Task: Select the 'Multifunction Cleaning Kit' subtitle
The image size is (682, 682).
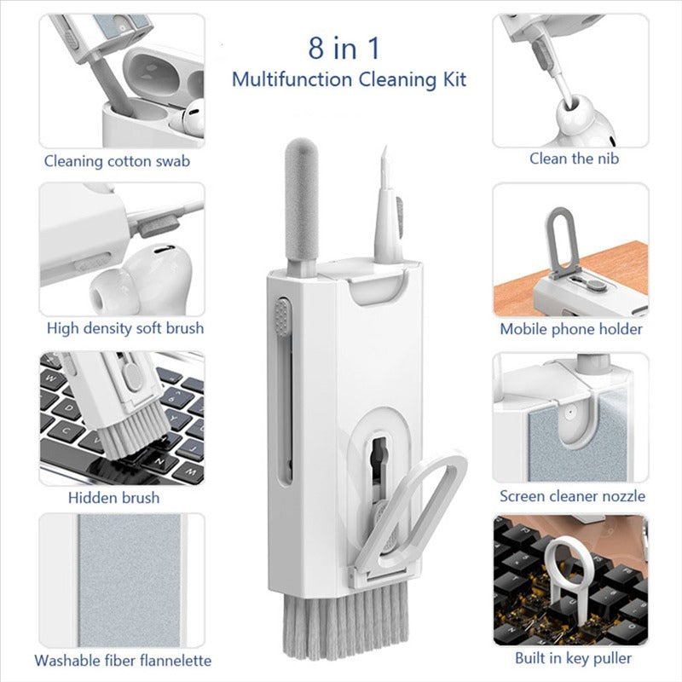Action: point(350,80)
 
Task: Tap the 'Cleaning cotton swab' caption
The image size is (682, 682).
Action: point(117,160)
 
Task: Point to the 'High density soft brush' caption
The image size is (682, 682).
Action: point(125,328)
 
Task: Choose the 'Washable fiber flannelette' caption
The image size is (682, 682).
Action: point(123,660)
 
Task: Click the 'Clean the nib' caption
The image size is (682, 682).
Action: point(573,158)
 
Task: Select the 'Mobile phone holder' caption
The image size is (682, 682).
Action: point(571,329)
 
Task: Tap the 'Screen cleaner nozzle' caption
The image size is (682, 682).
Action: point(573,495)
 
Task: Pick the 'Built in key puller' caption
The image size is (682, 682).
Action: point(573,657)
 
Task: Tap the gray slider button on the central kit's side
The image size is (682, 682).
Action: point(282,316)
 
